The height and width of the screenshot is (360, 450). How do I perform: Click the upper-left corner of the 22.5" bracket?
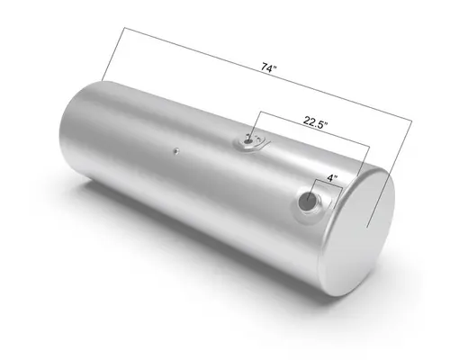pyautogui.click(x=260, y=111)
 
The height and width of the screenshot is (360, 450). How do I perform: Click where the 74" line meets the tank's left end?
pyautogui.click(x=104, y=82)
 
